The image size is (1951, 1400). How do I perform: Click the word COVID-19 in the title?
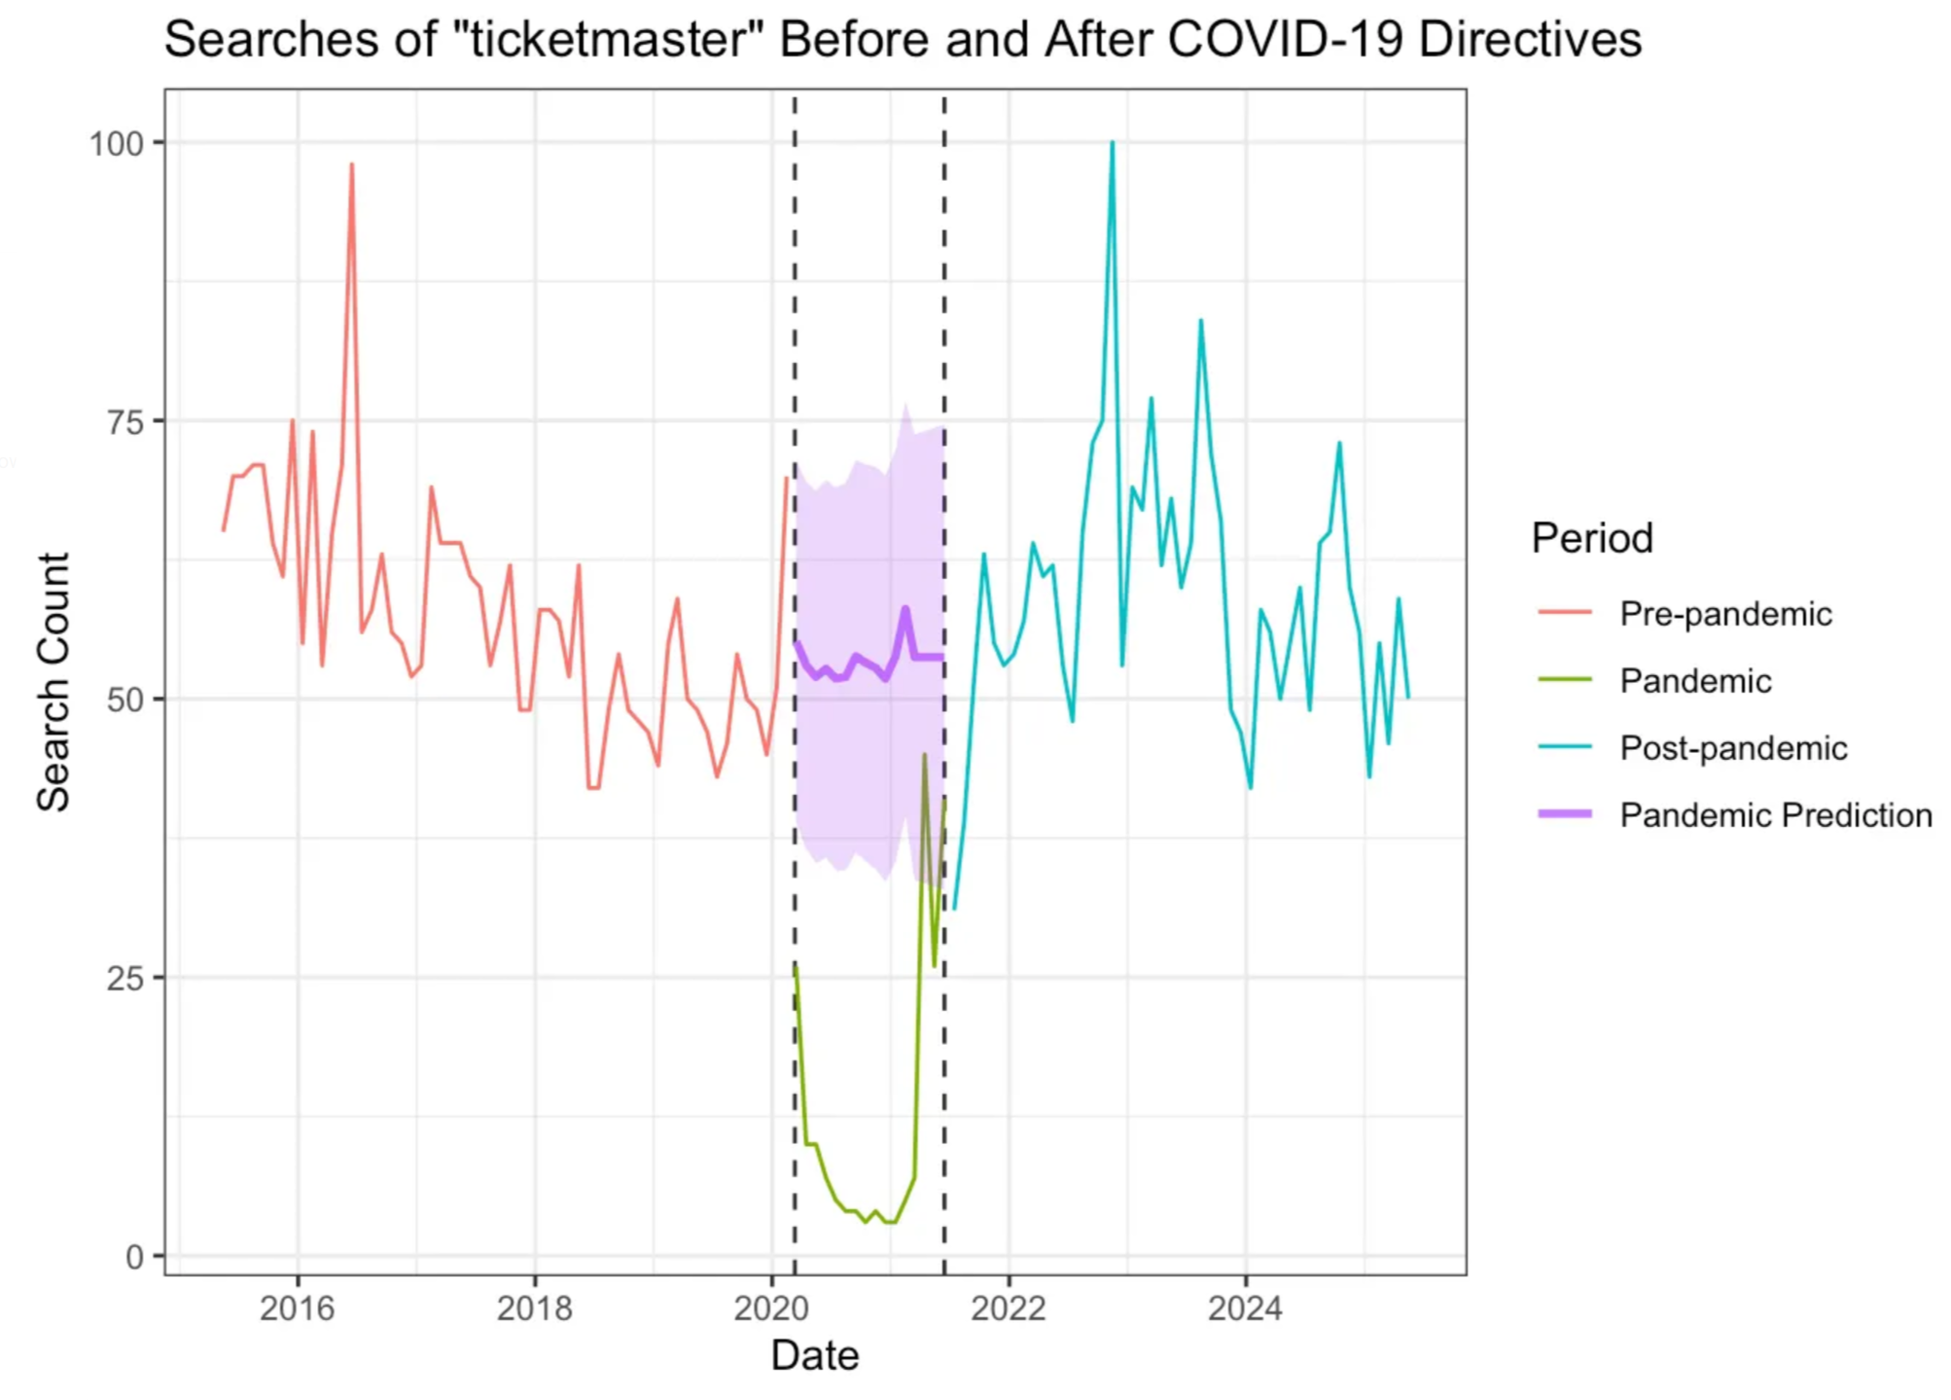pyautogui.click(x=1285, y=40)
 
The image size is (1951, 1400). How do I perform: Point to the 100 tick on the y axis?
pyautogui.click(x=117, y=144)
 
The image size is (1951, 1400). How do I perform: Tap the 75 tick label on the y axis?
pyautogui.click(x=124, y=422)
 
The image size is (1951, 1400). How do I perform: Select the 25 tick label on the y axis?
pyautogui.click(x=124, y=979)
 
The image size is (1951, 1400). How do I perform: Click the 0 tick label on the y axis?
pyautogui.click(x=134, y=1257)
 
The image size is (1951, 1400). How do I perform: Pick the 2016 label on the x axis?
pyautogui.click(x=297, y=1309)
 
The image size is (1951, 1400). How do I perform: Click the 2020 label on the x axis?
pyautogui.click(x=771, y=1309)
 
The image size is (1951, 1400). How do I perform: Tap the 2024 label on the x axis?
pyautogui.click(x=1245, y=1309)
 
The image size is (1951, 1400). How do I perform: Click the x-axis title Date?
pyautogui.click(x=814, y=1355)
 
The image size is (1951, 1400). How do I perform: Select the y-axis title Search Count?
pyautogui.click(x=53, y=681)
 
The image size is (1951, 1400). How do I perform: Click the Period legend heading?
pyautogui.click(x=1591, y=538)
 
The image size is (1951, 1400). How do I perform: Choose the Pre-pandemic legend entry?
pyautogui.click(x=1725, y=614)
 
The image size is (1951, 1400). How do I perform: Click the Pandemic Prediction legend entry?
pyautogui.click(x=1775, y=815)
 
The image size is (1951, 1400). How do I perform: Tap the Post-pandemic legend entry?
pyautogui.click(x=1733, y=748)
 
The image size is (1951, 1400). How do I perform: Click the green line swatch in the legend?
pyautogui.click(x=1564, y=680)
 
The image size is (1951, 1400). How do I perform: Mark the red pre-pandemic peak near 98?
pyautogui.click(x=351, y=165)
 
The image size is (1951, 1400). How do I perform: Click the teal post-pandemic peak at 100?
pyautogui.click(x=1112, y=143)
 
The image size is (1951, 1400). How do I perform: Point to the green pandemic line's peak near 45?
pyautogui.click(x=924, y=755)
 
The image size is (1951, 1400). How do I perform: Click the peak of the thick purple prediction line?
pyautogui.click(x=905, y=609)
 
